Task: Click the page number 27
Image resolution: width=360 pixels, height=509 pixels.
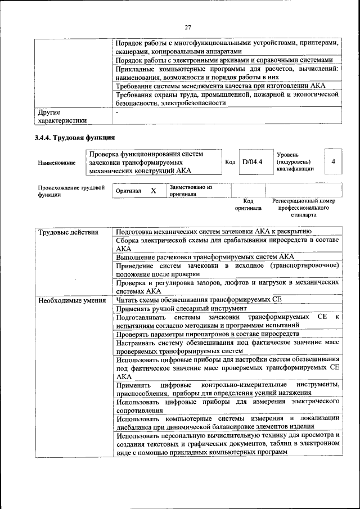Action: [x=188, y=26]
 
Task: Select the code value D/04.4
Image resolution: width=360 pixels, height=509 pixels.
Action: [x=253, y=162]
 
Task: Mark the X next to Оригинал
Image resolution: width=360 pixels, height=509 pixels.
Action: [x=153, y=191]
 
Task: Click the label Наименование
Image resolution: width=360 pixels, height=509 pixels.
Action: [x=56, y=163]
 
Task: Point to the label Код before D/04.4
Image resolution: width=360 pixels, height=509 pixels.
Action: [x=229, y=162]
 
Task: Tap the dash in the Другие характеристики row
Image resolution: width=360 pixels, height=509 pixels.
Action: [x=116, y=112]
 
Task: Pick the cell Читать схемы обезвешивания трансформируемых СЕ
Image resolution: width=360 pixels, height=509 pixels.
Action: [x=198, y=300]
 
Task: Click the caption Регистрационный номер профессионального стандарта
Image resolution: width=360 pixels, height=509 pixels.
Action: [x=303, y=208]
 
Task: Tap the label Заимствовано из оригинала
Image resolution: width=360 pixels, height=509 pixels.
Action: [x=191, y=191]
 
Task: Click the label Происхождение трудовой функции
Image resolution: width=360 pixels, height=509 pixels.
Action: [x=71, y=191]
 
